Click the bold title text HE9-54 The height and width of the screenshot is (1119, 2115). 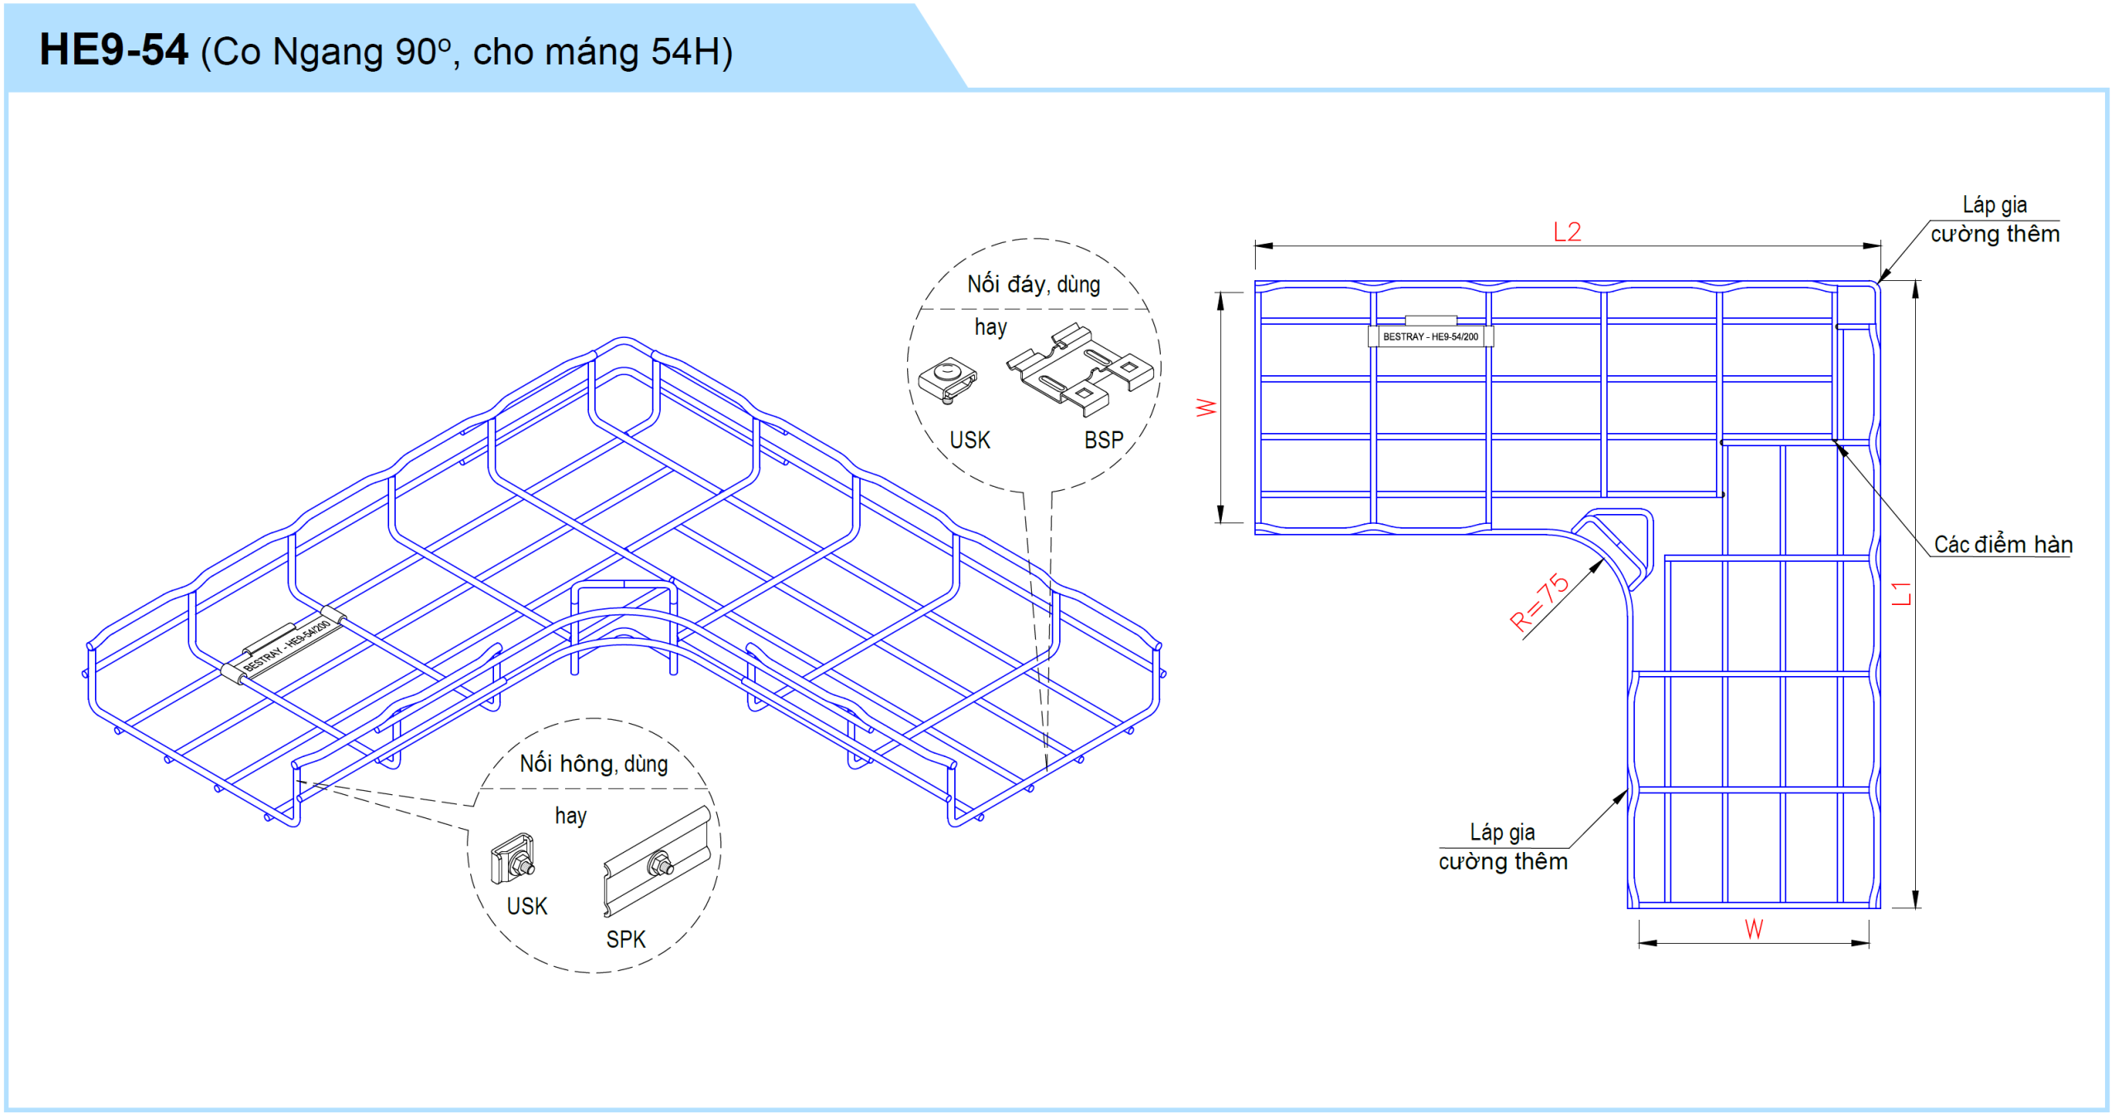click(x=114, y=50)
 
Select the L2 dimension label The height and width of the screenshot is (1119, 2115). click(x=1567, y=231)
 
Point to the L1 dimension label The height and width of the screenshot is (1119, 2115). click(x=1901, y=593)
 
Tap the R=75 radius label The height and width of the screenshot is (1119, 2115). click(x=1538, y=602)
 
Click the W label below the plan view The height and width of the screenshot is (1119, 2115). click(x=1753, y=929)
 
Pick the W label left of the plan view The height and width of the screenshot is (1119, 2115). click(x=1206, y=407)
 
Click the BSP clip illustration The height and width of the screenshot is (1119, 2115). click(x=1079, y=369)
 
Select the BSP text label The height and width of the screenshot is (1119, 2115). click(x=1104, y=440)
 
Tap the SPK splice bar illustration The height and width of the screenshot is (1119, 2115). click(x=657, y=862)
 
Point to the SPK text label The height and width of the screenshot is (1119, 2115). click(x=625, y=939)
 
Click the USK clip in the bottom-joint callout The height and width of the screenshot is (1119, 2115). click(x=948, y=380)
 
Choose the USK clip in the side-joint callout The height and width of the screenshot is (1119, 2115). click(x=513, y=859)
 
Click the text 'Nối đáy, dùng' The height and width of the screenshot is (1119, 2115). click(x=1034, y=284)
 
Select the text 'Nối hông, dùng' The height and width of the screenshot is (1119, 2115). click(x=593, y=763)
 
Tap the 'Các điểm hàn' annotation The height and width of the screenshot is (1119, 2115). click(x=2003, y=544)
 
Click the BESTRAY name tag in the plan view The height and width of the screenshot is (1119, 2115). click(x=1430, y=336)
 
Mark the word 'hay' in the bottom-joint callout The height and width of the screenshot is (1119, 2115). click(x=991, y=327)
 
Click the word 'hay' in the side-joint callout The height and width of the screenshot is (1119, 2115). click(x=570, y=816)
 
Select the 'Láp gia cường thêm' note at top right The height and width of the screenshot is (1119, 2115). click(x=1994, y=220)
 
